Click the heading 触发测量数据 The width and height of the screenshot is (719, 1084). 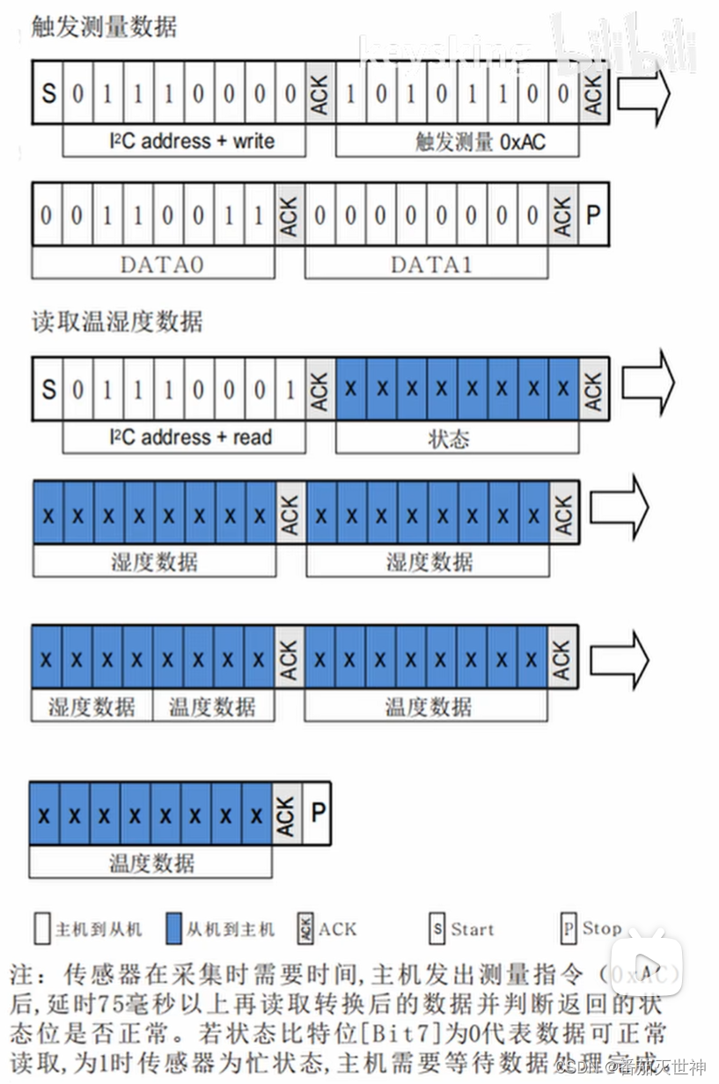104,27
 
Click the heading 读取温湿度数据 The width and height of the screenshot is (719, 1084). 117,322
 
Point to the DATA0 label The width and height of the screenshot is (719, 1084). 154,263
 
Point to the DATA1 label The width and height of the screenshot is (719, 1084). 427,263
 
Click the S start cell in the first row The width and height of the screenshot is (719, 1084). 48,92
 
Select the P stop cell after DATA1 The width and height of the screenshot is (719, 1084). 593,214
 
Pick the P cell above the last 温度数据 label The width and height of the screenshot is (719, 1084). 317,812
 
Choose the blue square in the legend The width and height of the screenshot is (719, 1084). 172,928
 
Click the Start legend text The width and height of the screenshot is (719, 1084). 473,928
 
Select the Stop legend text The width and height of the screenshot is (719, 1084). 602,928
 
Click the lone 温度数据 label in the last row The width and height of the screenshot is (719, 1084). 151,862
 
